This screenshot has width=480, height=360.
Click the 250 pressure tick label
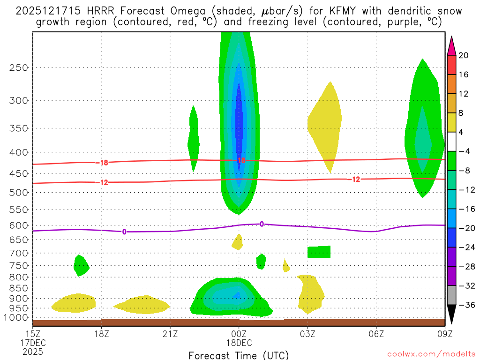[x=18, y=67]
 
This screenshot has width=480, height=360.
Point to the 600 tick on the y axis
[x=18, y=225]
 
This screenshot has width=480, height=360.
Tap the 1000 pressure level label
[x=16, y=318]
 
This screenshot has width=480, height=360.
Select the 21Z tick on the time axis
[x=170, y=334]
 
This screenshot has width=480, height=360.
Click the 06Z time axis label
[x=376, y=334]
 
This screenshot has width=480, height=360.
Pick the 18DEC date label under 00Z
[x=239, y=343]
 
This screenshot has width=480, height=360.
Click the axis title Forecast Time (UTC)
[x=239, y=355]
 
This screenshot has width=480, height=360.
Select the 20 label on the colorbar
[x=464, y=55]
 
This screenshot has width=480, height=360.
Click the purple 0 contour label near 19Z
[x=124, y=232]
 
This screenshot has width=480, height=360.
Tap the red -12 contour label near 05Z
[x=355, y=179]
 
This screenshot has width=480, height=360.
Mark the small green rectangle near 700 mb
[x=319, y=252]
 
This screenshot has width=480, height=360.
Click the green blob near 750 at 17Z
[x=81, y=265]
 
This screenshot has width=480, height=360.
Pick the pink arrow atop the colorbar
[x=451, y=45]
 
